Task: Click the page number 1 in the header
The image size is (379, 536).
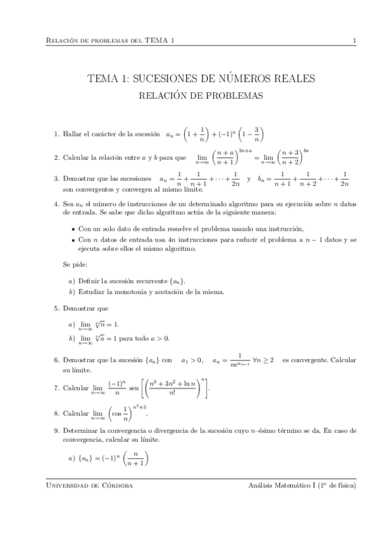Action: pos(355,41)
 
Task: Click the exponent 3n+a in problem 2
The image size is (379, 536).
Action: pos(244,150)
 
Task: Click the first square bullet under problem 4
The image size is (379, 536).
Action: pos(73,229)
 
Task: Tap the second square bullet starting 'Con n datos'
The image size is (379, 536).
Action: pos(73,240)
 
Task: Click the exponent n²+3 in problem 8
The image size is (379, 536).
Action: pos(140,408)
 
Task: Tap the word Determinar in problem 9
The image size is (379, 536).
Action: pos(80,430)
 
